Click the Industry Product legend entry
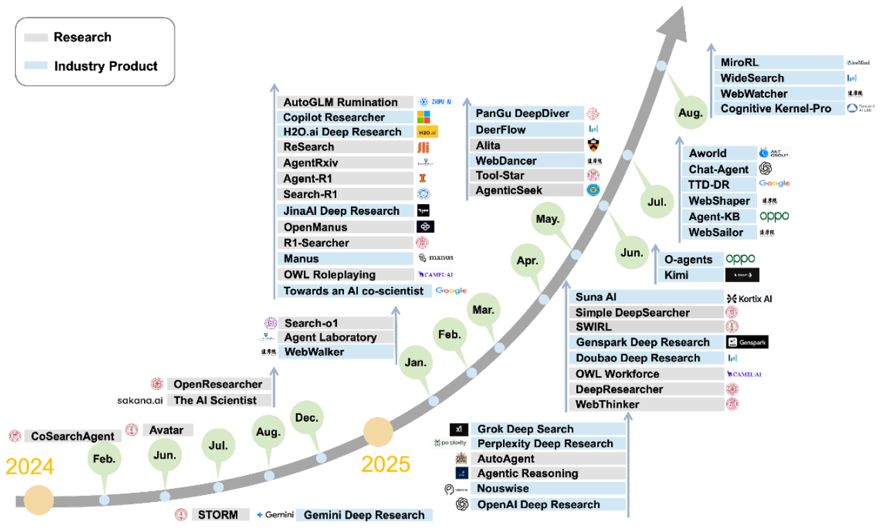point(106,66)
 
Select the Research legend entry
point(82,37)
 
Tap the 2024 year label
point(30,467)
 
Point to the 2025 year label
point(385,463)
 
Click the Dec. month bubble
point(307,418)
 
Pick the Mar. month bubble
point(484,310)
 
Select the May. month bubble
point(547,219)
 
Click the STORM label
point(218,514)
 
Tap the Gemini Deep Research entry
point(364,515)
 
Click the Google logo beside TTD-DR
point(774,184)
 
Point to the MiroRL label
point(740,62)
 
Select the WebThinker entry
point(608,404)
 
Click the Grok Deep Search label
point(525,429)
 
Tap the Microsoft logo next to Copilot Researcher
point(423,117)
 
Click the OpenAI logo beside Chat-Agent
point(765,169)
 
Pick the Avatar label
point(167,430)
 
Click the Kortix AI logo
point(749,298)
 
